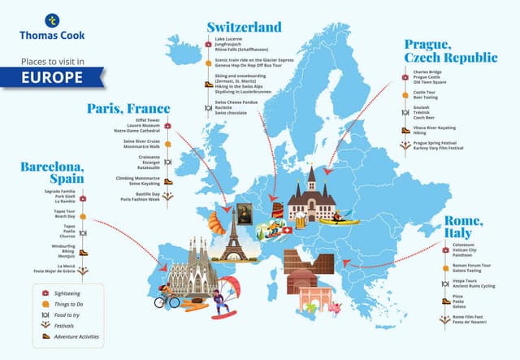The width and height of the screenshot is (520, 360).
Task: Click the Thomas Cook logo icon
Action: pos(53,20)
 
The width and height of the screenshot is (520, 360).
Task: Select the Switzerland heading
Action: pos(244,27)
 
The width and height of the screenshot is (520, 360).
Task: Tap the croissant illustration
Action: pos(214,222)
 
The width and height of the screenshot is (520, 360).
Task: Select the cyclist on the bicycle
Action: pos(168,299)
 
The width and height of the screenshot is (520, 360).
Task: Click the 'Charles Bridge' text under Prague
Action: pos(427,72)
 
